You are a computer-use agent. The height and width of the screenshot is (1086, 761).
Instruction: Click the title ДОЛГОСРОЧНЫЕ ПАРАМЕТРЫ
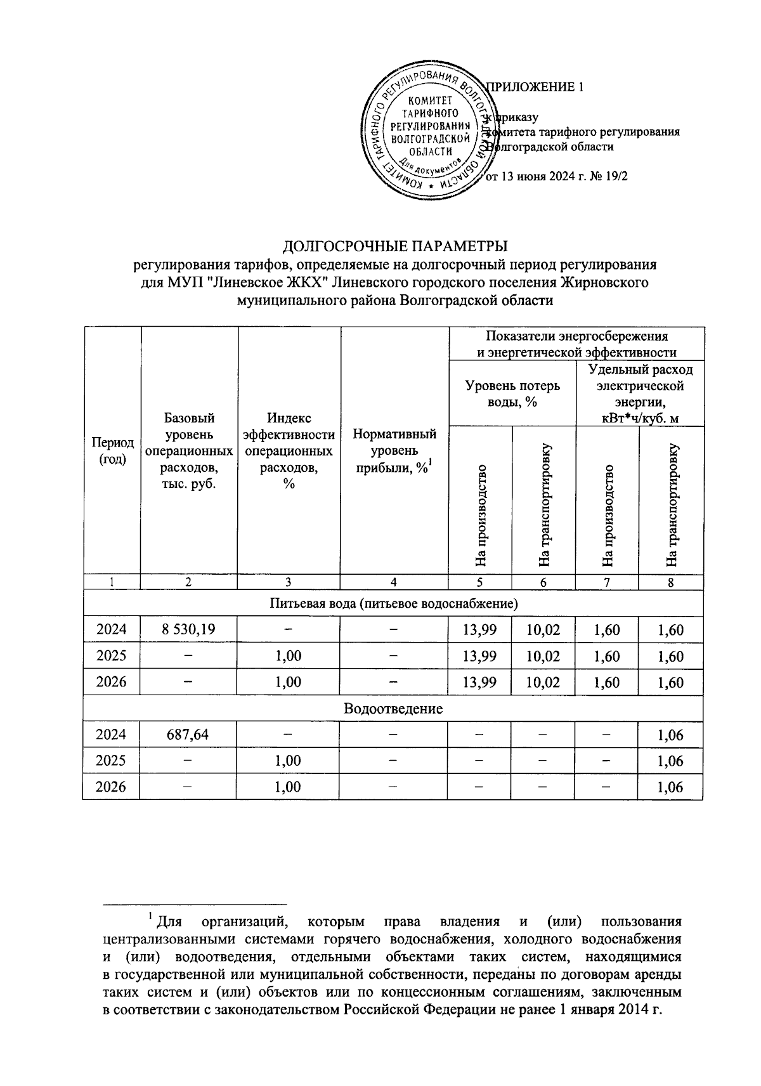pyautogui.click(x=395, y=245)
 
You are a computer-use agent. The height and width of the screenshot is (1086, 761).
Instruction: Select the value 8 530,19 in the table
pyautogui.click(x=188, y=629)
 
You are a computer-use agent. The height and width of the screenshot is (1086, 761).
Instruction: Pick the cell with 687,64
pyautogui.click(x=188, y=735)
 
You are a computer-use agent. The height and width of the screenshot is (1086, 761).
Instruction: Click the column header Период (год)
pyautogui.click(x=112, y=450)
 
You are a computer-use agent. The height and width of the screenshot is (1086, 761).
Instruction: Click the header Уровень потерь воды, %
pyautogui.click(x=512, y=393)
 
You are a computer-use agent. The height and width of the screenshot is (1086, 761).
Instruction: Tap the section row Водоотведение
pyautogui.click(x=393, y=709)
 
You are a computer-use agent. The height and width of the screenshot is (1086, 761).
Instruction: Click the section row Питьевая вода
pyautogui.click(x=393, y=603)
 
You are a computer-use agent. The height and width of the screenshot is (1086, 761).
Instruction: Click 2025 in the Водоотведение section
pyautogui.click(x=112, y=761)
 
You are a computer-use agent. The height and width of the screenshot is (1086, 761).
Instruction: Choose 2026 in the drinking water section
pyautogui.click(x=112, y=682)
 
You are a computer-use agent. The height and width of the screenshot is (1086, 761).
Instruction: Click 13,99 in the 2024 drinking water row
pyautogui.click(x=480, y=630)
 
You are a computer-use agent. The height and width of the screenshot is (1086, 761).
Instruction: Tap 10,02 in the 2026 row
pyautogui.click(x=543, y=683)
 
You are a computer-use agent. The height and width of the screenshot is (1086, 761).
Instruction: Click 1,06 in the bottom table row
pyautogui.click(x=670, y=788)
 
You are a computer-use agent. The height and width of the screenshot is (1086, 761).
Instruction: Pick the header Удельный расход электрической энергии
pyautogui.click(x=640, y=393)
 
